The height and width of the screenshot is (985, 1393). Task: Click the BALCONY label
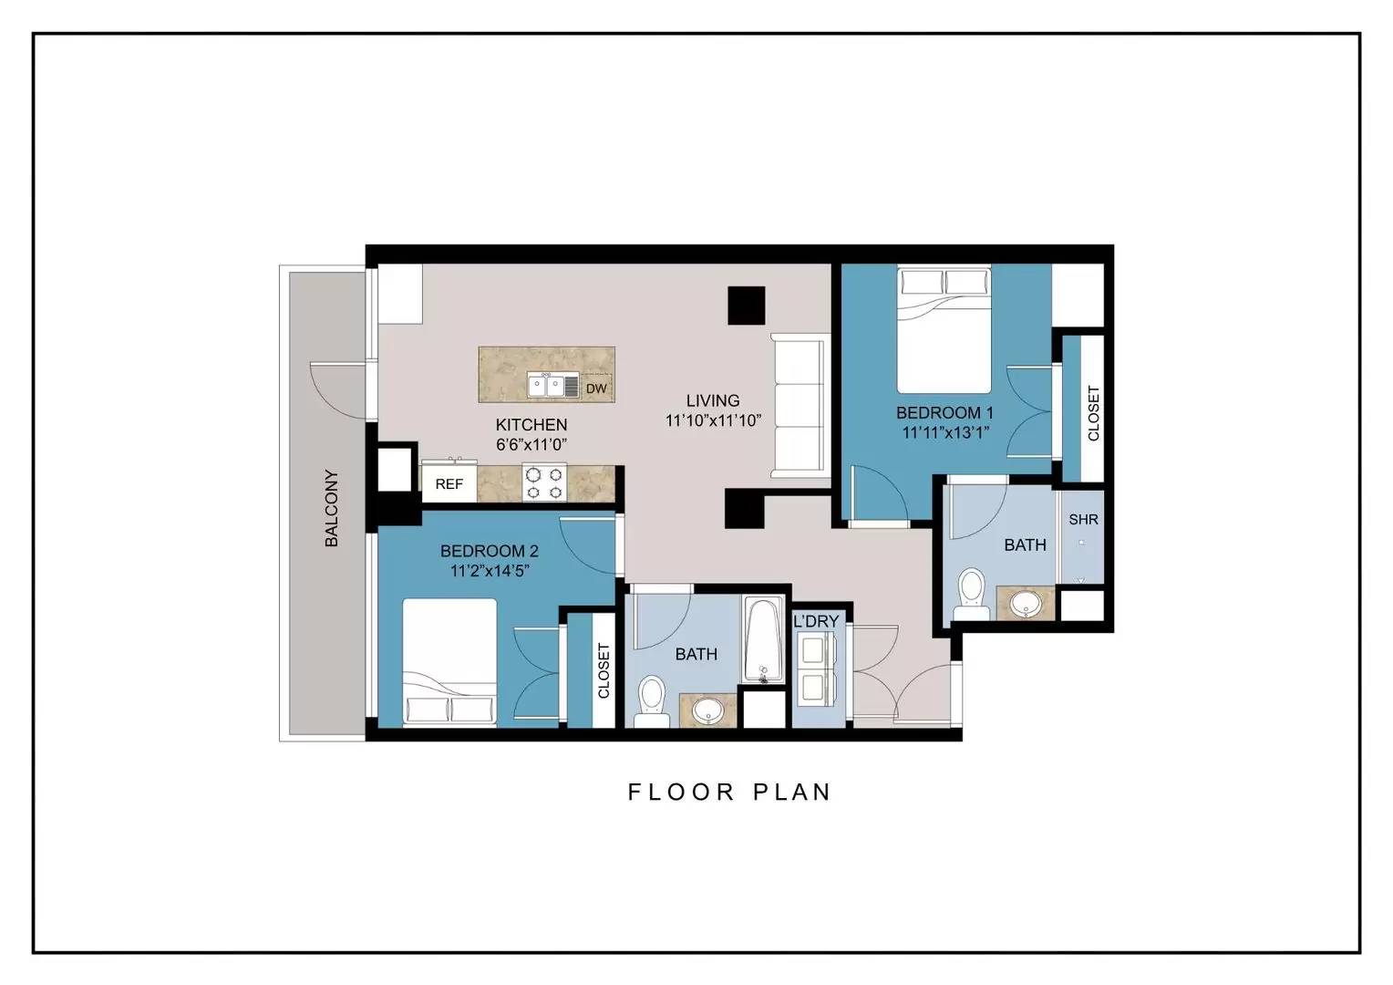pyautogui.click(x=332, y=508)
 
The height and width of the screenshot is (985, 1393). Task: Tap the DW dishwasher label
pyautogui.click(x=596, y=389)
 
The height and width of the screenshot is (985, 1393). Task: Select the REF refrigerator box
pyautogui.click(x=449, y=483)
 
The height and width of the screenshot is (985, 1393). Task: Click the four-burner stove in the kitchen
pyautogui.click(x=544, y=482)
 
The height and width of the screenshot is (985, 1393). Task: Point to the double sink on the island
pyautogui.click(x=552, y=386)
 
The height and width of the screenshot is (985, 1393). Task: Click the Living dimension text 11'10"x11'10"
pyautogui.click(x=713, y=420)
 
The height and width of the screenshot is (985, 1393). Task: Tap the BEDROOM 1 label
pyautogui.click(x=944, y=412)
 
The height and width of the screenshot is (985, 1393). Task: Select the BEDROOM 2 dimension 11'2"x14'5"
pyautogui.click(x=490, y=571)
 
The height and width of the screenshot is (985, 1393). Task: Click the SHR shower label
pyautogui.click(x=1083, y=519)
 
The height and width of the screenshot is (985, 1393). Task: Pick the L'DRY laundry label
pyautogui.click(x=816, y=621)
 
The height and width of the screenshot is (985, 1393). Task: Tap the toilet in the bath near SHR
pyautogui.click(x=972, y=595)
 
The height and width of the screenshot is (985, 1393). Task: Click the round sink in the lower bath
pyautogui.click(x=707, y=710)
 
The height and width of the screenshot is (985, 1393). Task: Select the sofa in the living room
pyautogui.click(x=800, y=406)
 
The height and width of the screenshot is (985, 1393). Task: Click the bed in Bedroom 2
pyautogui.click(x=449, y=663)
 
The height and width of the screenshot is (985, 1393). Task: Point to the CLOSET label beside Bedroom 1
pyautogui.click(x=1093, y=413)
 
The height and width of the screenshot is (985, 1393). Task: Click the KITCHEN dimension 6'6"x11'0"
pyautogui.click(x=531, y=444)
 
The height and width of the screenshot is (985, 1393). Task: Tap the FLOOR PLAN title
pyautogui.click(x=729, y=793)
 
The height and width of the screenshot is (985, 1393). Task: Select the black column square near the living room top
pyautogui.click(x=747, y=306)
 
